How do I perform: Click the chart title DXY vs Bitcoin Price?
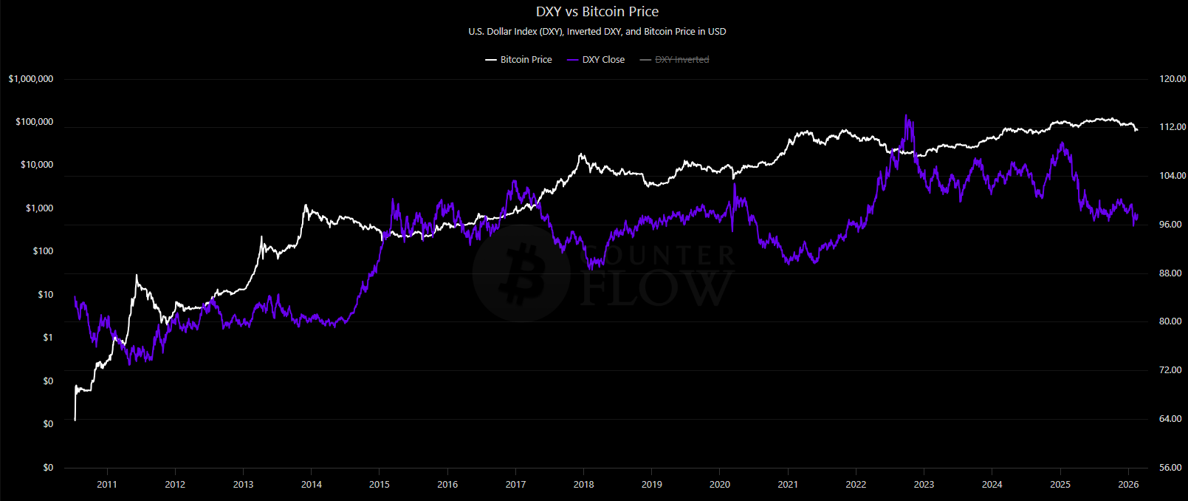597,12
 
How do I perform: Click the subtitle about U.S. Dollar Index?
597,32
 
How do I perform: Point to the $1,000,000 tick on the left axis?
31,79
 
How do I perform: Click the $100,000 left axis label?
35,122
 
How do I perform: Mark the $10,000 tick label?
37,165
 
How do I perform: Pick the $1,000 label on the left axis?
39,208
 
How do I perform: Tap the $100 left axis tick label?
43,251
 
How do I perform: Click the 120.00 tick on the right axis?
1172,79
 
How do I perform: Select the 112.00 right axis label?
1172,127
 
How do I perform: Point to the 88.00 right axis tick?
1170,273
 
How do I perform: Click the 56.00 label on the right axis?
1170,468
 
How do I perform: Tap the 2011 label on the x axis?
107,485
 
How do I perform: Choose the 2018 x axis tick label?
583,485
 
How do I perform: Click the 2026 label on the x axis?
1128,485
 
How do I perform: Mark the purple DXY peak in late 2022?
906,116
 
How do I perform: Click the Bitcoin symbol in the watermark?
521,273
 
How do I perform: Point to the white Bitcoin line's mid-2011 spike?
137,276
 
